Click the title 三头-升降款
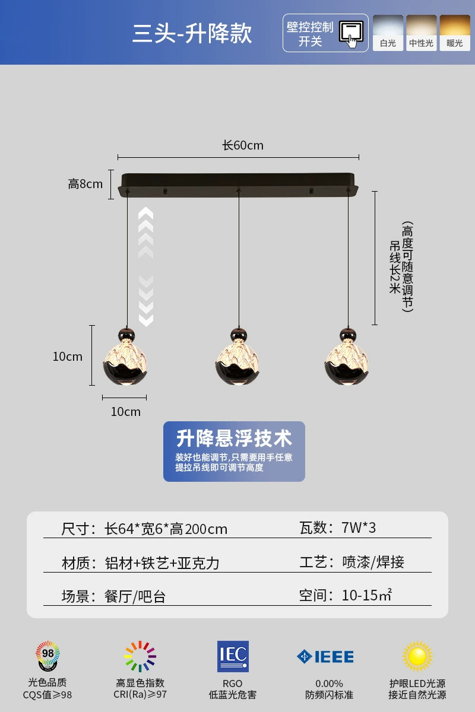click(192, 33)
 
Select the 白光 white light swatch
click(388, 33)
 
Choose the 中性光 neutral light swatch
click(421, 33)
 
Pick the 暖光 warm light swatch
click(454, 33)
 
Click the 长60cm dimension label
click(243, 145)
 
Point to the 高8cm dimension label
click(85, 184)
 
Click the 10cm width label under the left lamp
click(126, 412)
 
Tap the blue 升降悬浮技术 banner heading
click(234, 438)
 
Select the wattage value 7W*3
click(359, 527)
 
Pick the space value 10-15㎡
click(366, 595)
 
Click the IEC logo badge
click(233, 656)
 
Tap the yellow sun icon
click(417, 656)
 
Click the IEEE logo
click(325, 657)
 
